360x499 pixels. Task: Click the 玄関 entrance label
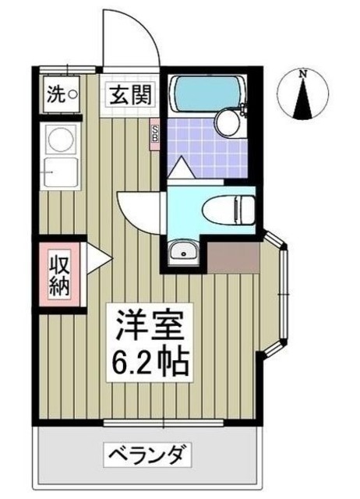click(x=127, y=97)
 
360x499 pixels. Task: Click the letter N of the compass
click(x=304, y=75)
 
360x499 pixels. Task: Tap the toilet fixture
click(x=226, y=209)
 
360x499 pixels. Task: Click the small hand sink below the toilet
click(x=185, y=250)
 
